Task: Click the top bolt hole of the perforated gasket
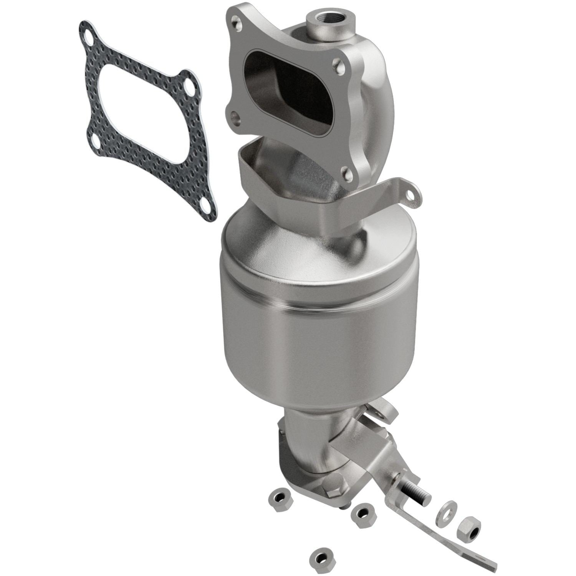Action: coord(91,40)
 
